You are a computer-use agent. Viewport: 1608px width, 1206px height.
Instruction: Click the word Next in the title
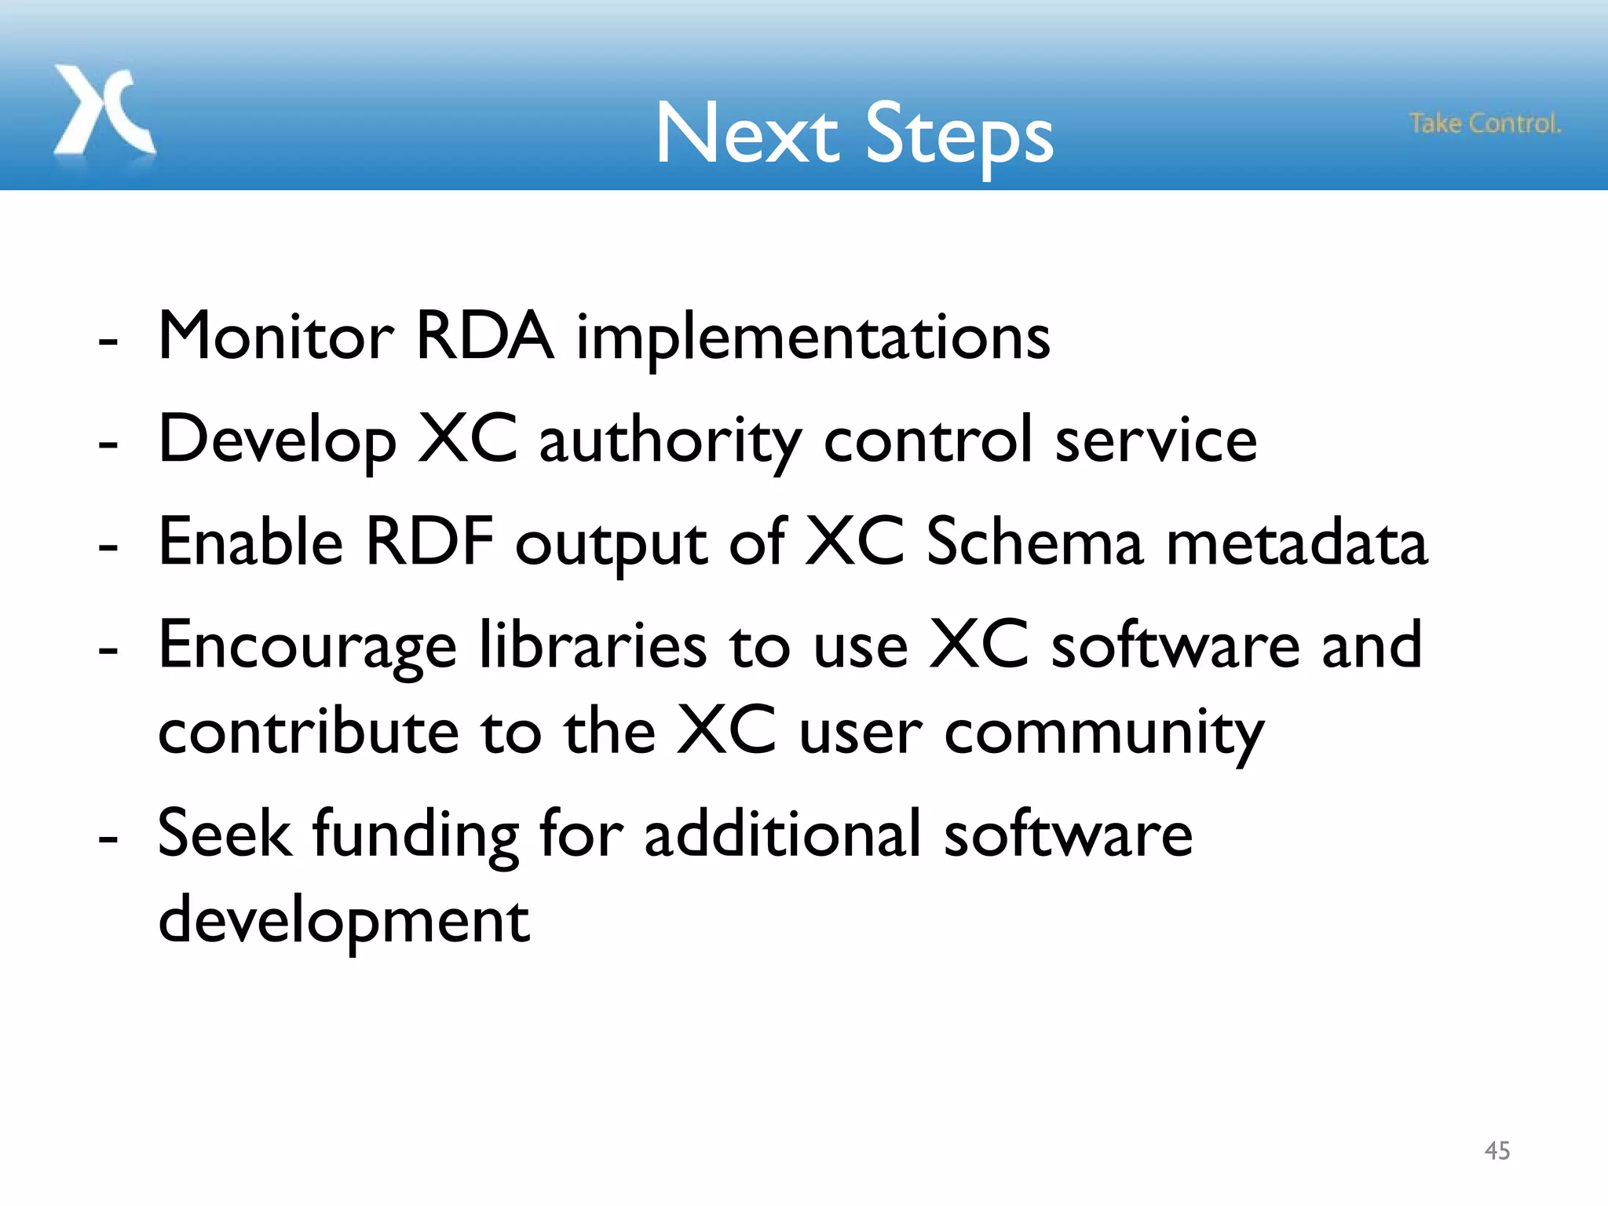pos(746,135)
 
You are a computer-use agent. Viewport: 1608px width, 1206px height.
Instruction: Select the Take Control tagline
pos(1485,124)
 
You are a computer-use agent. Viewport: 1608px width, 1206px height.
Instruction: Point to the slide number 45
pos(1497,1151)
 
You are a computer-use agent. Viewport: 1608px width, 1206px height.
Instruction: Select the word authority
pos(671,442)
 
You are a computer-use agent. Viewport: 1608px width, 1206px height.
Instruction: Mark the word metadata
pos(1296,543)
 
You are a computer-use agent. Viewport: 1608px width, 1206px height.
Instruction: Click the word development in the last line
pos(344,921)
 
